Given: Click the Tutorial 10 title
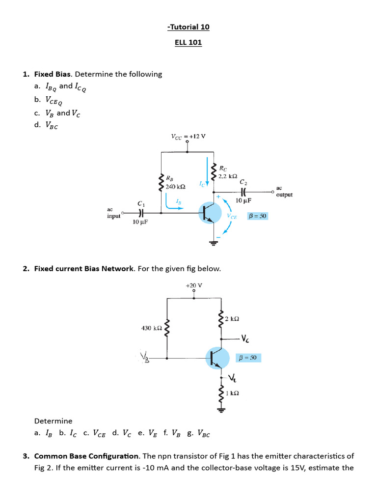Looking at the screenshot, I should tap(188, 27).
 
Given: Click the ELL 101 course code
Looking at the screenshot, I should tap(188, 42).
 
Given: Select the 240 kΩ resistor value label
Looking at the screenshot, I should tap(175, 187).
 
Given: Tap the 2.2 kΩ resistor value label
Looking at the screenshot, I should tap(228, 175).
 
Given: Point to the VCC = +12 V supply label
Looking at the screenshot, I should tap(188, 137).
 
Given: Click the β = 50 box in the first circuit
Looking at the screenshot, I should tap(258, 216).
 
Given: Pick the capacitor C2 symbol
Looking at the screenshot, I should tap(243, 192).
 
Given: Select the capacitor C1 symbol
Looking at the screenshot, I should tap(141, 213).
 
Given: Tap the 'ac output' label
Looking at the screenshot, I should tap(284, 191).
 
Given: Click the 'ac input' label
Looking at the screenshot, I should tap(113, 213).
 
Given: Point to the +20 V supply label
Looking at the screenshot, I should tap(194, 285).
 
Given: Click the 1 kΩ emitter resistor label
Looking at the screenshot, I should tap(232, 393).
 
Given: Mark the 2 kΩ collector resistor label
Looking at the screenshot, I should tap(232, 319).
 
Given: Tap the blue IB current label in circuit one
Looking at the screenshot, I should tap(179, 202).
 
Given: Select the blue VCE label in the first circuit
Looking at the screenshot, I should tap(232, 216).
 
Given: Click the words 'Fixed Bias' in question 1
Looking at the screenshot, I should tap(53, 74).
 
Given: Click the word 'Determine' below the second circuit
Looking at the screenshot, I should tap(53, 421).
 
